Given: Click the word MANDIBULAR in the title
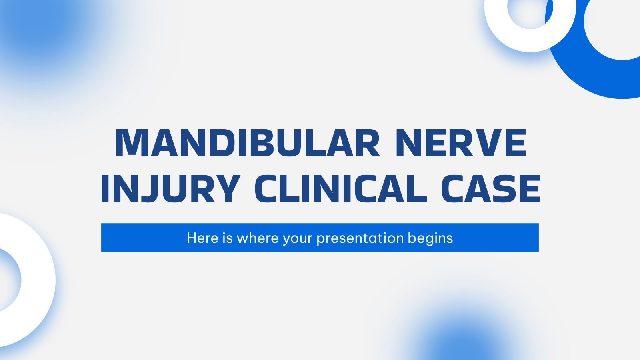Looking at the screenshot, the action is [248, 143].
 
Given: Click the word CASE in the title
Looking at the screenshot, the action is [490, 188].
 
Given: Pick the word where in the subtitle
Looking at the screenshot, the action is [258, 238].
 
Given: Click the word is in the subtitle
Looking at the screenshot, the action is [228, 238].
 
